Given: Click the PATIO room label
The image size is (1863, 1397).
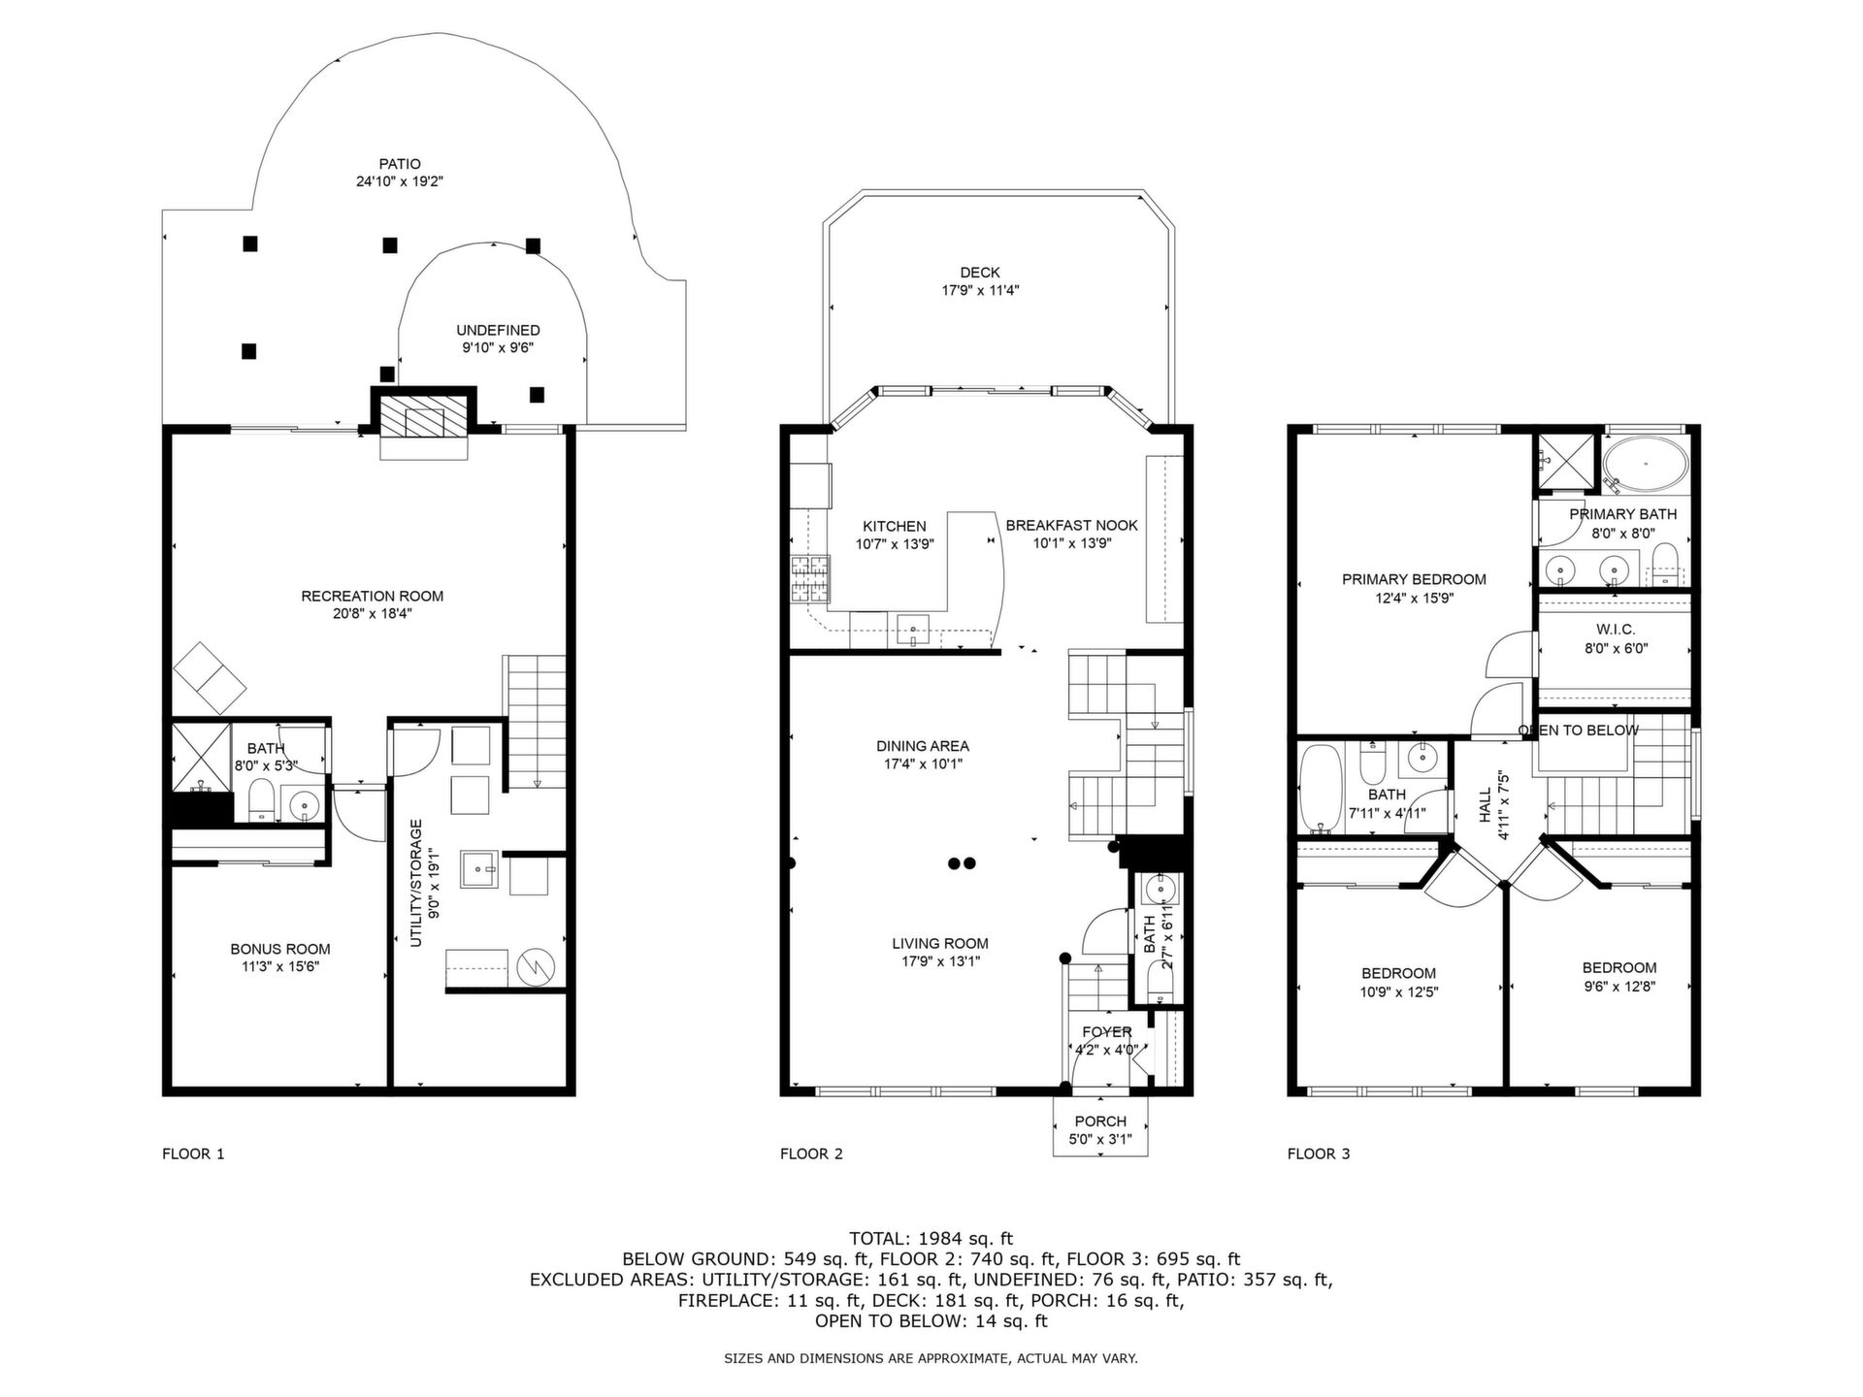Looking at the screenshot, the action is coord(400,164).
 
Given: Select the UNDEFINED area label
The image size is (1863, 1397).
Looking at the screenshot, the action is coord(498,331).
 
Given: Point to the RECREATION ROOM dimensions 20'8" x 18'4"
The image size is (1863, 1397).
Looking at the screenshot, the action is coord(373,613).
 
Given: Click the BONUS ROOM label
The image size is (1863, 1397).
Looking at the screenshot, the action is coord(280,949).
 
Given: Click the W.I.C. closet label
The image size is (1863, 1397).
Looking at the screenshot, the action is coord(1616,630).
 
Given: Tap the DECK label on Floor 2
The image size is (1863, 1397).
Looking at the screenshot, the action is coord(980,273).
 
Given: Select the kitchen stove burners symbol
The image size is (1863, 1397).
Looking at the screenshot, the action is coord(810,578).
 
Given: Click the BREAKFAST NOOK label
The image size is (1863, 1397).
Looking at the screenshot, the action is coord(1072,525).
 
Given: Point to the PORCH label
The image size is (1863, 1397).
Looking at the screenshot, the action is coord(1100,1121).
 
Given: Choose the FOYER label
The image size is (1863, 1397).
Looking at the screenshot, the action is coord(1107,1032).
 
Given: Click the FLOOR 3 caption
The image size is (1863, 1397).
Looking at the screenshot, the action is coord(1319,1153).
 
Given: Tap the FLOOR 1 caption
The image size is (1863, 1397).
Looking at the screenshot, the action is coord(193,1153).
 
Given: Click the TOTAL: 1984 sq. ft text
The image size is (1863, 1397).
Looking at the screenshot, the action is coord(931,1238).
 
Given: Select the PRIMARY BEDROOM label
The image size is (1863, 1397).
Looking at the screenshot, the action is coord(1414,579).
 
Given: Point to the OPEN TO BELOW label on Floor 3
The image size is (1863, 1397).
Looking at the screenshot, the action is coord(1579,731).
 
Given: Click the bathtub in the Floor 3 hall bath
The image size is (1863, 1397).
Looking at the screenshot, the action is coord(1321,789).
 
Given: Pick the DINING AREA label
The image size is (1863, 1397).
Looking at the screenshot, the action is coord(923,746).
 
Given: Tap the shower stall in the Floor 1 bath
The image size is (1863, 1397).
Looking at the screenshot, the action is coord(202,755).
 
